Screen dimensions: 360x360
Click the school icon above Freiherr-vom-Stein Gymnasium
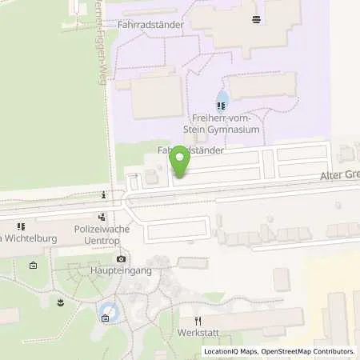[222, 104]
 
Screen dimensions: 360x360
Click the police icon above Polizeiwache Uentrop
[102, 216]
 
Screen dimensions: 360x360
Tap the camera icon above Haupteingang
[121, 258]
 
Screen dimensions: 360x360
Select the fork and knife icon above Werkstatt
[198, 320]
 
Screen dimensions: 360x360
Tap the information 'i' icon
[104, 194]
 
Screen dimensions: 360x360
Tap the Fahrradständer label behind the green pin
[190, 150]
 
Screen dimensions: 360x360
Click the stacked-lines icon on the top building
[255, 19]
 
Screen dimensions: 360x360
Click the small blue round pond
[112, 314]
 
